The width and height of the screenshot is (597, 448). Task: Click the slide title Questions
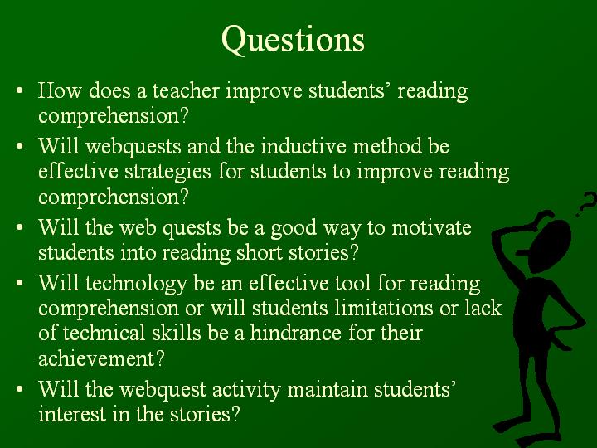[x=293, y=40]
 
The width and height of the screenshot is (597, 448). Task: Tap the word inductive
[x=303, y=146]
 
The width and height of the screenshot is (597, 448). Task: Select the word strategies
[x=167, y=172]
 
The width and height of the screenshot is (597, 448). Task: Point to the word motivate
[x=431, y=228]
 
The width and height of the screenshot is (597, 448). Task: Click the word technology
[x=136, y=285]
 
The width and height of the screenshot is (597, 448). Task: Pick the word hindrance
[x=295, y=333]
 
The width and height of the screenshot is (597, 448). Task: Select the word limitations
[x=384, y=308]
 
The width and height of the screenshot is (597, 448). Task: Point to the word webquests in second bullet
[x=133, y=147]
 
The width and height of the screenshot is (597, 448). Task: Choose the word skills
[x=176, y=333]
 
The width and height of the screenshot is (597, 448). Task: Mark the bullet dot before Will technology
[x=20, y=284]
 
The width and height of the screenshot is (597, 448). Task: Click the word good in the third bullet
[x=294, y=229]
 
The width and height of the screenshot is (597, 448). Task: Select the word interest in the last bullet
[x=72, y=415]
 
